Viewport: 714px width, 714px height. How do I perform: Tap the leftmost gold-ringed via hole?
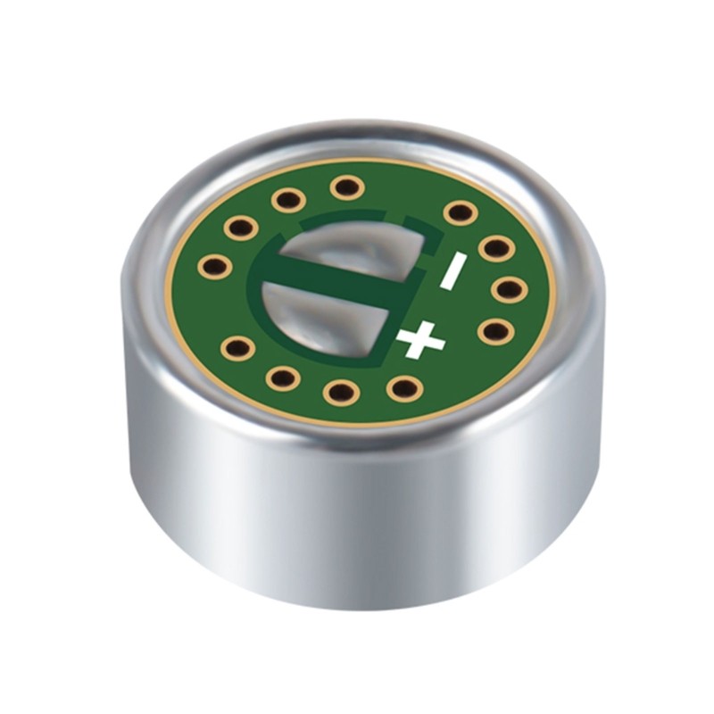click(x=214, y=265)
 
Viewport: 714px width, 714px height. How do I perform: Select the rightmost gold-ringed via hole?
click(x=507, y=289)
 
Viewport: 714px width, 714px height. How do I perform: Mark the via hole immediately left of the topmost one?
click(x=288, y=199)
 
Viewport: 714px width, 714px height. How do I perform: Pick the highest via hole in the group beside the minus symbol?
click(x=460, y=212)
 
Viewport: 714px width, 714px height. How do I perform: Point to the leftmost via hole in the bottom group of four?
click(x=237, y=348)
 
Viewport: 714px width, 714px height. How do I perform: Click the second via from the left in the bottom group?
click(x=282, y=378)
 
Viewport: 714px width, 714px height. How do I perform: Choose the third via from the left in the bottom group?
click(x=339, y=391)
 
